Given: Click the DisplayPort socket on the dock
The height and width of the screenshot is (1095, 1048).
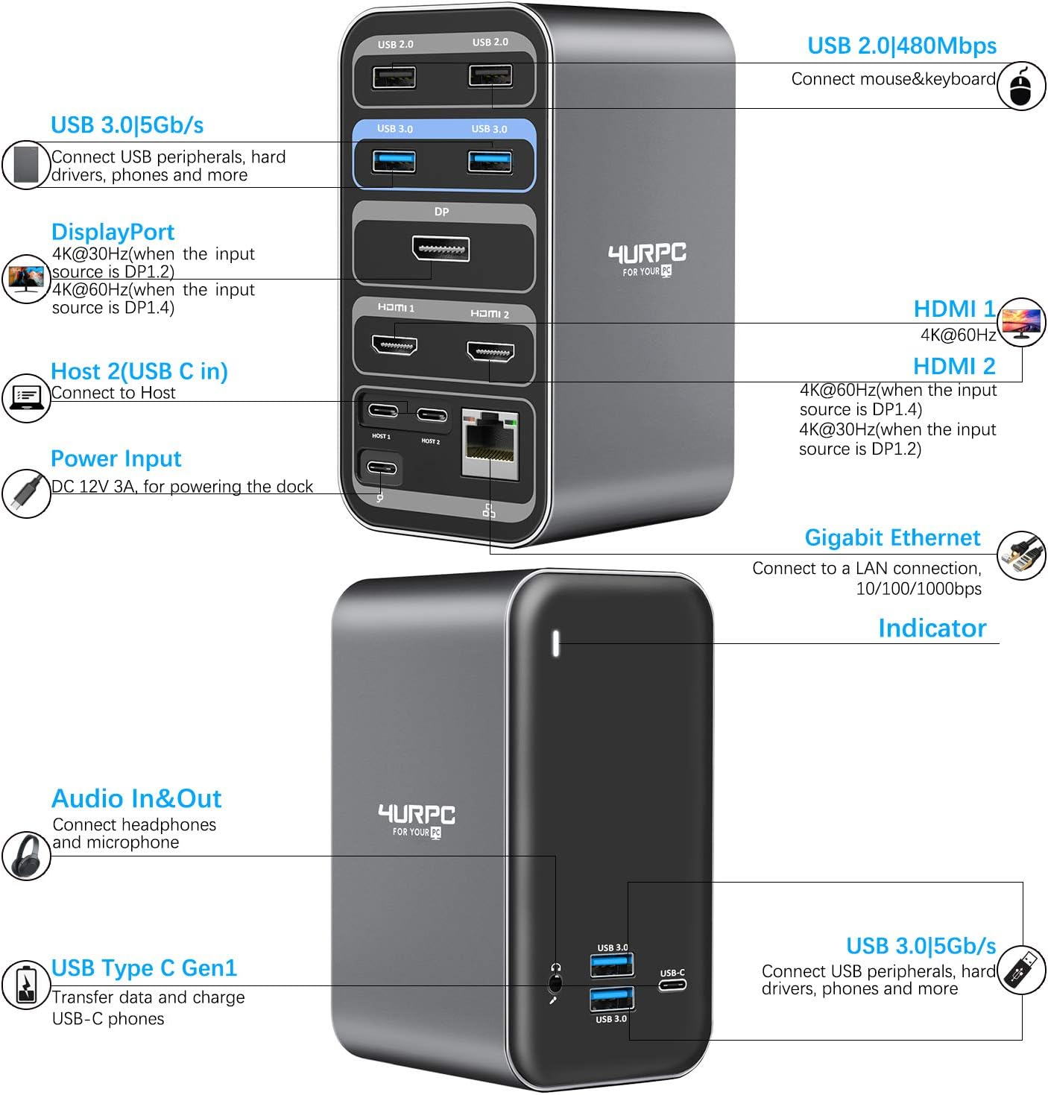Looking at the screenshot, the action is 441,249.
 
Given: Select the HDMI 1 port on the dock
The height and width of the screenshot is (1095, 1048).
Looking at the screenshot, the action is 394,344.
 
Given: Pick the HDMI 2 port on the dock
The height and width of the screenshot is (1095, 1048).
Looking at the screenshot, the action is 490,353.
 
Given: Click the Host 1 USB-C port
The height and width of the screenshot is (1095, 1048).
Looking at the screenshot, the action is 383,410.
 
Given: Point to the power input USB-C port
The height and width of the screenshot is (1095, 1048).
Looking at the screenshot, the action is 382,467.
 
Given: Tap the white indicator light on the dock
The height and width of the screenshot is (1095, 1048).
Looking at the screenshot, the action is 556,643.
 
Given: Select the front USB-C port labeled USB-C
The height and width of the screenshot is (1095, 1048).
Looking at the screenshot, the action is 672,985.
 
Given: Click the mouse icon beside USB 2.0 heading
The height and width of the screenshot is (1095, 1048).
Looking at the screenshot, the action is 1021,86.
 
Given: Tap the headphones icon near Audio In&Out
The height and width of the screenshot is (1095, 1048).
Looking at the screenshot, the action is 26,855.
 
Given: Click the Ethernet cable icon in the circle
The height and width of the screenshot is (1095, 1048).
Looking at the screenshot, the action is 1021,555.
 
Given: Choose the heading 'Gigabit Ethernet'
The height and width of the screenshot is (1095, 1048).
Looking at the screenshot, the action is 892,537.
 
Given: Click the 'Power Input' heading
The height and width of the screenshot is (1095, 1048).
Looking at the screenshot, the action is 116,458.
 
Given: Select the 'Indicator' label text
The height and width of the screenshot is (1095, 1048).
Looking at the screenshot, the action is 932,628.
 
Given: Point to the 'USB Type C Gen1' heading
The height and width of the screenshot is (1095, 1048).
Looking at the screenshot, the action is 144,968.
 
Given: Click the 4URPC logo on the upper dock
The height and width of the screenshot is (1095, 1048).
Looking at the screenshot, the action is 647,259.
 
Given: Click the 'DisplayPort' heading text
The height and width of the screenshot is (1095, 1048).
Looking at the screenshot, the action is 113,232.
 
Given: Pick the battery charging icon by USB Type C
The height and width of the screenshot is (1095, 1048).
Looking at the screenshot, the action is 26,985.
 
